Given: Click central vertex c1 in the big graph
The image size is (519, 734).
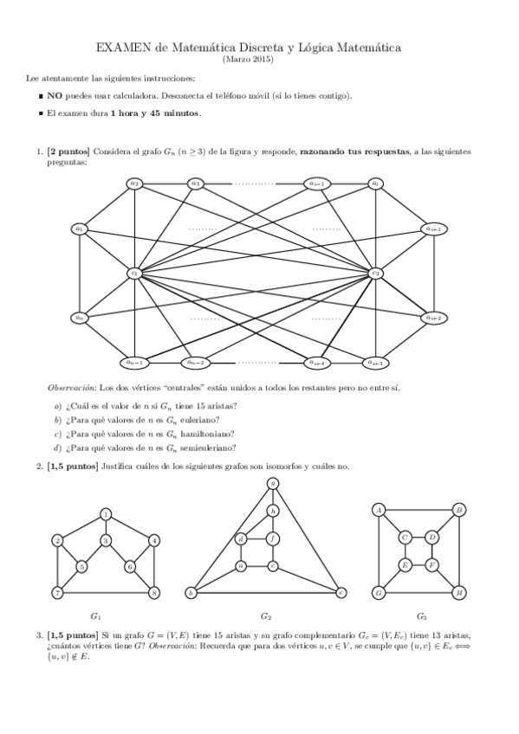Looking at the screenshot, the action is (x=134, y=273).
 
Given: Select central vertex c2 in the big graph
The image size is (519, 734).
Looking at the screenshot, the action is (x=375, y=273).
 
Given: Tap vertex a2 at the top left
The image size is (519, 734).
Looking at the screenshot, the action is (x=134, y=183).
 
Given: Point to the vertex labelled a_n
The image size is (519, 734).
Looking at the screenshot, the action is (x=80, y=318).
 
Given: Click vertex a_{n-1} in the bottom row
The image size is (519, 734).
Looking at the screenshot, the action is (x=134, y=362).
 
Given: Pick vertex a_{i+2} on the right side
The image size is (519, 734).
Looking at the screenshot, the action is (x=433, y=318).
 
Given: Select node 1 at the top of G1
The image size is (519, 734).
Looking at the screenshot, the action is (x=106, y=514).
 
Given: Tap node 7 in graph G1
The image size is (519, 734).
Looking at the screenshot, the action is (x=57, y=593).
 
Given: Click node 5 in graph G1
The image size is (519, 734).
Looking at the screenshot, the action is (x=81, y=567).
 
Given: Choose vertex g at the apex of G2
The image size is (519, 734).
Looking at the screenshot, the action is (x=272, y=483).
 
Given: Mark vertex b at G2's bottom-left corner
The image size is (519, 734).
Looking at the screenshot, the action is (x=191, y=593).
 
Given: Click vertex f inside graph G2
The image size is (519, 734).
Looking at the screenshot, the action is (x=272, y=539).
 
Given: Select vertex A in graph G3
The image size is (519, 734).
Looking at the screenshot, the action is (x=379, y=510).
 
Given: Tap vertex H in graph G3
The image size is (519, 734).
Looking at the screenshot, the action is (x=459, y=593).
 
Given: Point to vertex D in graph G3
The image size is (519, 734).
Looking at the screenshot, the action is (x=432, y=538).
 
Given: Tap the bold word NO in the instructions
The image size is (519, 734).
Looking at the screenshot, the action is (x=54, y=95).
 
